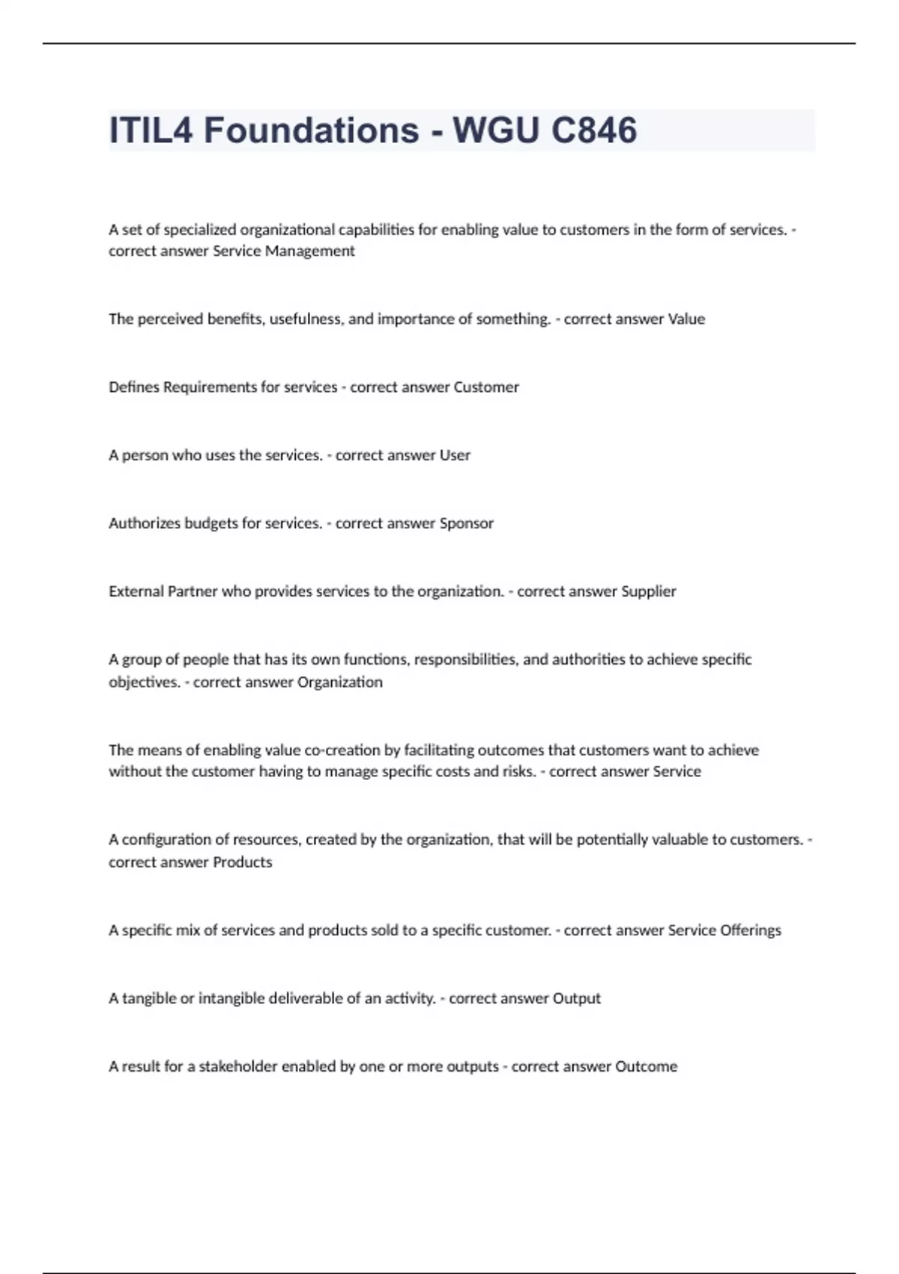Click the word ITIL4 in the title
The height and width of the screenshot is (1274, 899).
(x=151, y=130)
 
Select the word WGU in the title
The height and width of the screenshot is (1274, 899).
(x=495, y=130)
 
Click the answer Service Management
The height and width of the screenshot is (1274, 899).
(x=283, y=251)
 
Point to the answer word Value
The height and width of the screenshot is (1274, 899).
(x=686, y=319)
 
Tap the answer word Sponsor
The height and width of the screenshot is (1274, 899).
(x=466, y=524)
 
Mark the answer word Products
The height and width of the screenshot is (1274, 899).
(x=243, y=863)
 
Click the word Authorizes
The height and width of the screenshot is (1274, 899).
(x=142, y=524)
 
